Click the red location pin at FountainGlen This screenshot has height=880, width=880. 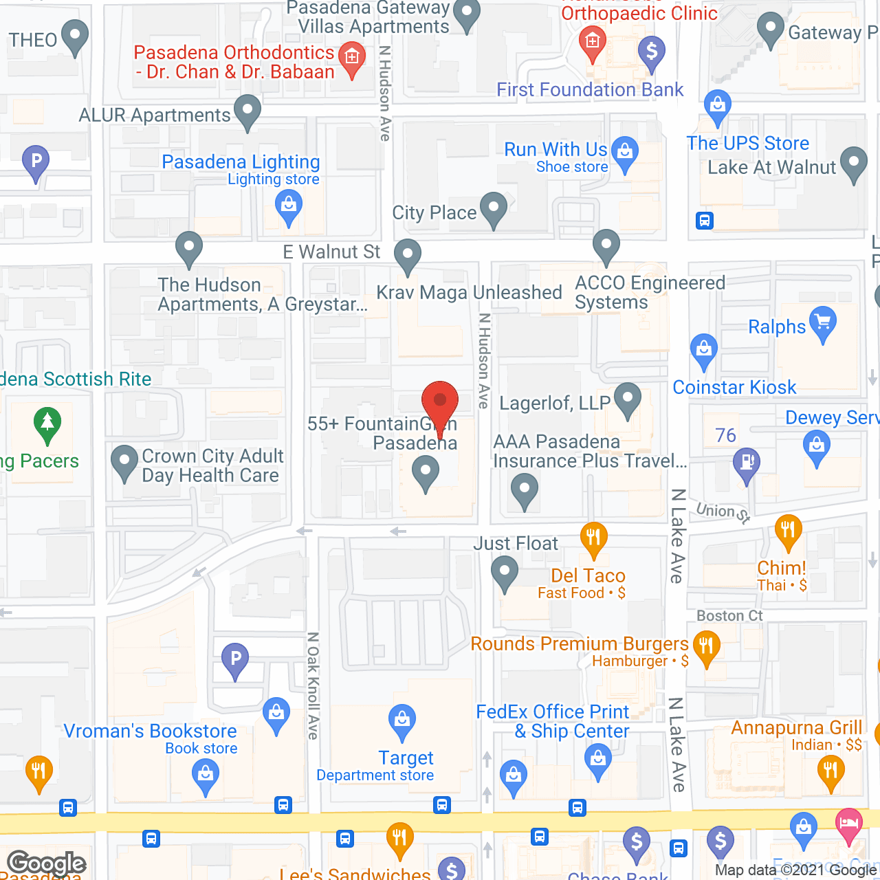tap(439, 401)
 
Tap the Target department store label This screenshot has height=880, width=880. tap(406, 758)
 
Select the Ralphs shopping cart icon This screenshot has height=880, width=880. tap(823, 324)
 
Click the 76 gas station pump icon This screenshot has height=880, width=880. tap(747, 463)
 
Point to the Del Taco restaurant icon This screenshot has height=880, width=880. tap(593, 537)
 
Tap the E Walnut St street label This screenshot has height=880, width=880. tap(331, 252)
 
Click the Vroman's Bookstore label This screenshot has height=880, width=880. tap(150, 731)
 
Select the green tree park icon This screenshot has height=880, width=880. tap(47, 423)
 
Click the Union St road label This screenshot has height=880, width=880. tap(723, 512)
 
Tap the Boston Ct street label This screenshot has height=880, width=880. tap(729, 616)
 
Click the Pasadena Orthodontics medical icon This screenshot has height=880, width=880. tap(352, 57)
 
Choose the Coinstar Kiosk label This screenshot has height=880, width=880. tap(734, 388)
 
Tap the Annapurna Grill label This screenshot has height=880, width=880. tap(796, 727)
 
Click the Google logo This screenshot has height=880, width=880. tap(47, 863)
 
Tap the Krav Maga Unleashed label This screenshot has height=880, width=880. tap(470, 292)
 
